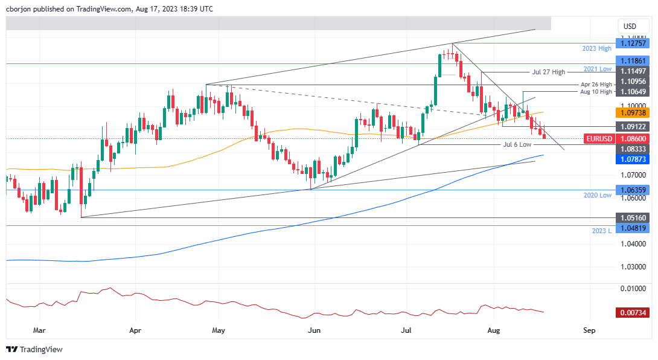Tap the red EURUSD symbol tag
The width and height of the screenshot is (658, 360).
(600, 138)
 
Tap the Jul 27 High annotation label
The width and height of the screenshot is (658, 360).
(549, 72)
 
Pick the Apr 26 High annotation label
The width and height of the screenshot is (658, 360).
(596, 85)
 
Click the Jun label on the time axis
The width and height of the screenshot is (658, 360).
(313, 330)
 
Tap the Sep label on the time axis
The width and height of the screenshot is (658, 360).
(590, 330)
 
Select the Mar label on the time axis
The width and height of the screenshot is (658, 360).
(39, 330)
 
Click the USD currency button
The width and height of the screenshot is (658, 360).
(630, 27)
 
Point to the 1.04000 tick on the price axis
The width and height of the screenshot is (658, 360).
(630, 244)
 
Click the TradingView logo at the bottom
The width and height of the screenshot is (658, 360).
(34, 349)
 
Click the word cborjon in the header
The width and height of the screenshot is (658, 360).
(19, 10)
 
